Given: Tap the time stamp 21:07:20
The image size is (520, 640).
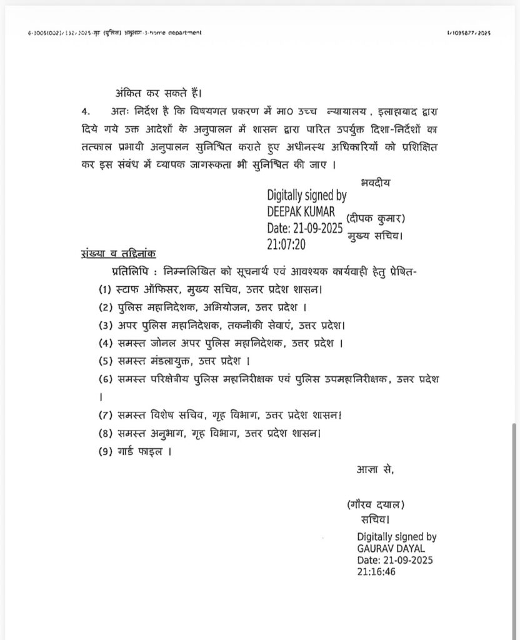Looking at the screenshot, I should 286,245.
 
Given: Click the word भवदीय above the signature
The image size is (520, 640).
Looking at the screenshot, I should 377,183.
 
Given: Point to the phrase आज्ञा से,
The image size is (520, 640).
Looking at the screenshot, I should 374,469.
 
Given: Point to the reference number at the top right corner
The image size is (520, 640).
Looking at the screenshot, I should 468,32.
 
